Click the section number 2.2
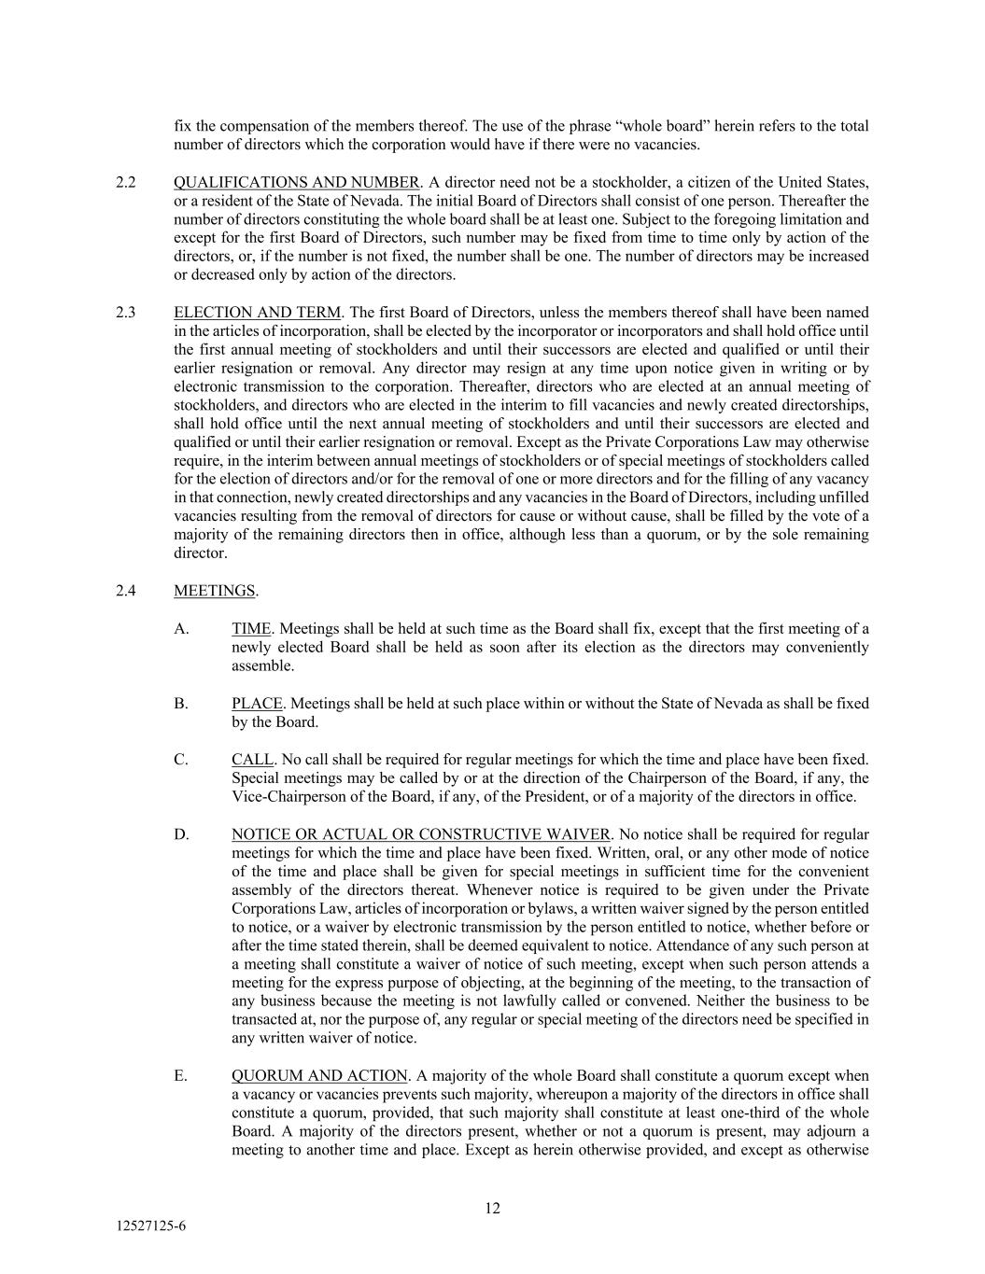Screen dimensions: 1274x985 pos(126,182)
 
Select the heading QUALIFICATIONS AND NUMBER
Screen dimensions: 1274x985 pos(296,182)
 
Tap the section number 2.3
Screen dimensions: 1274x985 pos(126,313)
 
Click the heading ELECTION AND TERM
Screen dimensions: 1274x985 pos(257,313)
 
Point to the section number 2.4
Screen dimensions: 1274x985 pos(126,591)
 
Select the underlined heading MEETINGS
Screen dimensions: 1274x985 pos(214,591)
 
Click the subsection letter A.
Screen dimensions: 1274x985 pos(181,629)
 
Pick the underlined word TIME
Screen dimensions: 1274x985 pos(251,629)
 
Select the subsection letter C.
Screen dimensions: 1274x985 pos(181,760)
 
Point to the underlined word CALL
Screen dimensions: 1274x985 pos(252,760)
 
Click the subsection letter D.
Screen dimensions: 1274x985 pos(181,834)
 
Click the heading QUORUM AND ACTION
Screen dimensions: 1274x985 pos(319,1076)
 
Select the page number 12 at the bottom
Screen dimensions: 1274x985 pos(492,1209)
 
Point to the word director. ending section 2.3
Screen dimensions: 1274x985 pos(200,553)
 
